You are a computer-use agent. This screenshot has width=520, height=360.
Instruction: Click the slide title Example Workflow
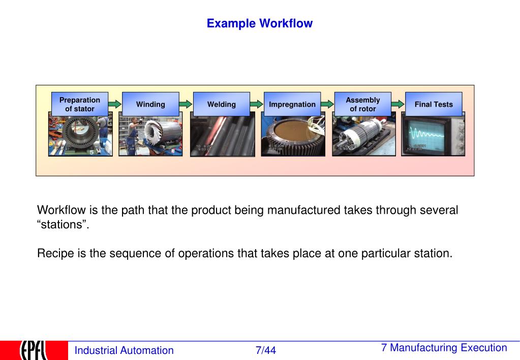tap(259, 23)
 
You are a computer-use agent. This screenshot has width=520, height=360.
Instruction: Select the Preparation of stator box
tap(80, 104)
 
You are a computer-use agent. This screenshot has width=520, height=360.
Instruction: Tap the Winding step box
tap(150, 104)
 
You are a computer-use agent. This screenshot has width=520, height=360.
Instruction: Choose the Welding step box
tap(222, 104)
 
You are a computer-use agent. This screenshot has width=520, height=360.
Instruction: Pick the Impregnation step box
tap(292, 104)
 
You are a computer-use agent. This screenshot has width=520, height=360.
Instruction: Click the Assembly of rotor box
tap(363, 104)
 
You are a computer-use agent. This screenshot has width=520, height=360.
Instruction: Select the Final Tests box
tap(434, 104)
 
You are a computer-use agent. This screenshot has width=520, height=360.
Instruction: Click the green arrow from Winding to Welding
tap(186, 104)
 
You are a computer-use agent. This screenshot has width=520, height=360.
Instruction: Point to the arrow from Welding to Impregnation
tap(257, 104)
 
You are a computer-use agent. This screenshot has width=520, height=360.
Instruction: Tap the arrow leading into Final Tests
tap(398, 104)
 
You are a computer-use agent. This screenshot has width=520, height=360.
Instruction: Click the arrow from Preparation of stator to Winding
tap(115, 104)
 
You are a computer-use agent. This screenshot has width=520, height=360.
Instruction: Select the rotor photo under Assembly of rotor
tap(363, 136)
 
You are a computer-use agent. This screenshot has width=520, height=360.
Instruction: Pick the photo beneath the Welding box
tap(222, 136)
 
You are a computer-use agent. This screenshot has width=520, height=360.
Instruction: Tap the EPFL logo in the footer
tap(34, 350)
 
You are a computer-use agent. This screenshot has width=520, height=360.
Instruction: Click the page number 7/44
tap(266, 350)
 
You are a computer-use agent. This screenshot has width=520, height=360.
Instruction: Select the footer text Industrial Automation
tap(124, 350)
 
